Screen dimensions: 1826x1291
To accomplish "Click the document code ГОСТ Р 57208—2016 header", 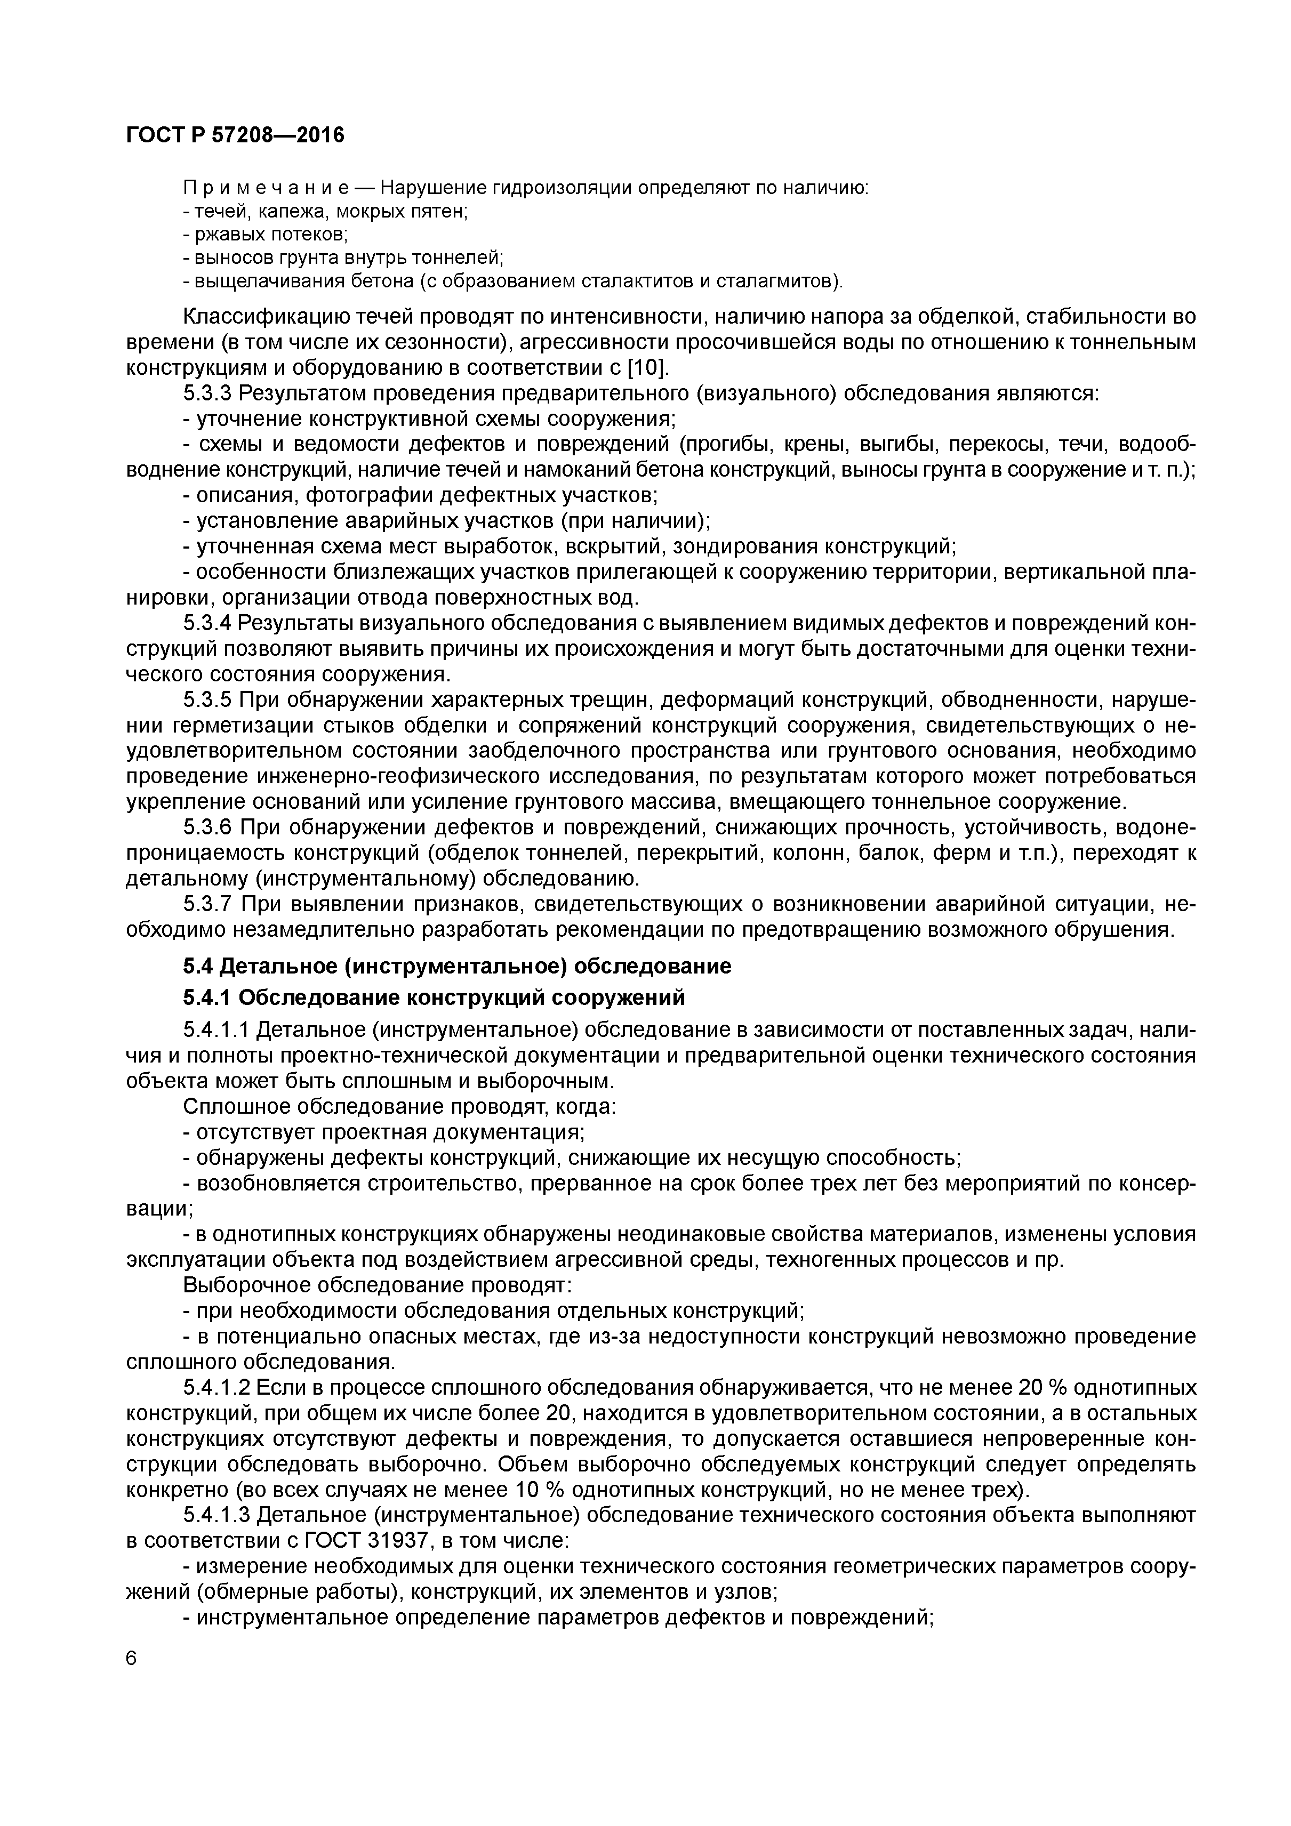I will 236,135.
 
